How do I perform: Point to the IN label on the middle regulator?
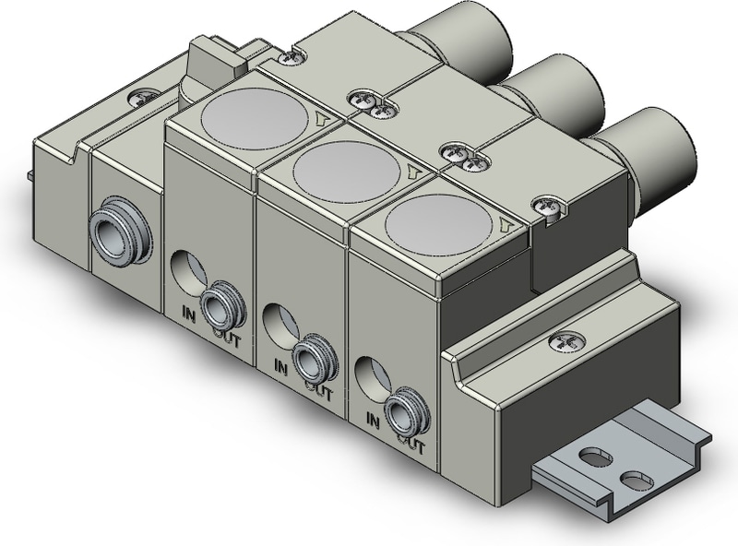(280, 367)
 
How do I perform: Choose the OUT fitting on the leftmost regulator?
(219, 303)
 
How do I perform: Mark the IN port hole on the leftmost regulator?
(187, 269)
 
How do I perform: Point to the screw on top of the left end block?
(145, 94)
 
